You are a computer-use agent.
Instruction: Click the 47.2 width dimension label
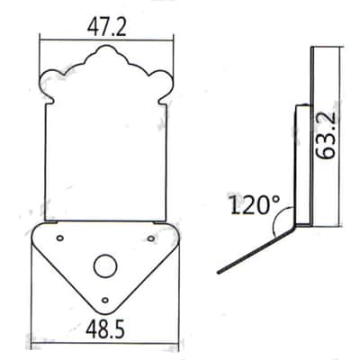coord(107,28)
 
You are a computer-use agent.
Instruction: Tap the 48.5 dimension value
coord(105,328)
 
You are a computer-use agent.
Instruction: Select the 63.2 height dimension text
coord(326,136)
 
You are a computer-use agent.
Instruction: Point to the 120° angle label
coord(255,204)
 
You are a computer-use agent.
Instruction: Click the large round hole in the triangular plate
coord(104,265)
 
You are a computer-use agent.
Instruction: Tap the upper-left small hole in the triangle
coord(60,238)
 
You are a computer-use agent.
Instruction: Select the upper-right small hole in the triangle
coord(151,238)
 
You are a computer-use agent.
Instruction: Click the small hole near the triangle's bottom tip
coord(104,300)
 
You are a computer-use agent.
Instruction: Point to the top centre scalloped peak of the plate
coord(106,47)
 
